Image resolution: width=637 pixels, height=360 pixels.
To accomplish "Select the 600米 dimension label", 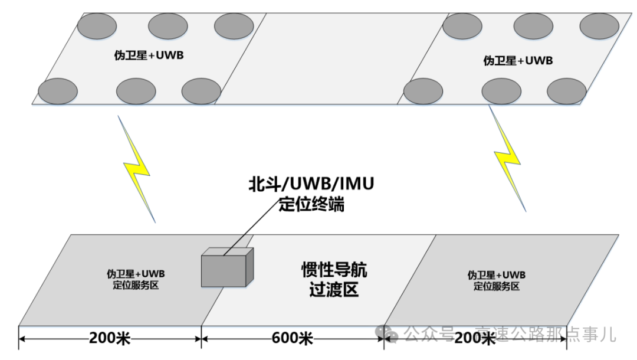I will click(293, 339).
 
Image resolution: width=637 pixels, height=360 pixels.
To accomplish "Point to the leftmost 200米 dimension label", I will click(110, 339).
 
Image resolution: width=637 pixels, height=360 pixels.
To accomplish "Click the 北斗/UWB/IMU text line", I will click(311, 185).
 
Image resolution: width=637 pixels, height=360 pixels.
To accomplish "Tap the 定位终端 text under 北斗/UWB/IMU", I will click(311, 205).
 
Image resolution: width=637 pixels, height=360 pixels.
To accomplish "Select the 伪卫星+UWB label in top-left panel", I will click(145, 57).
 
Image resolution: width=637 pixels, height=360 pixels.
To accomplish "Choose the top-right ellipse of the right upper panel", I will click(599, 26).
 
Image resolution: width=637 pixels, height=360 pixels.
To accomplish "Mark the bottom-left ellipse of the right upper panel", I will click(423, 91).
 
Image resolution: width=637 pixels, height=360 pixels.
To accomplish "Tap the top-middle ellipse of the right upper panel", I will click(533, 26).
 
